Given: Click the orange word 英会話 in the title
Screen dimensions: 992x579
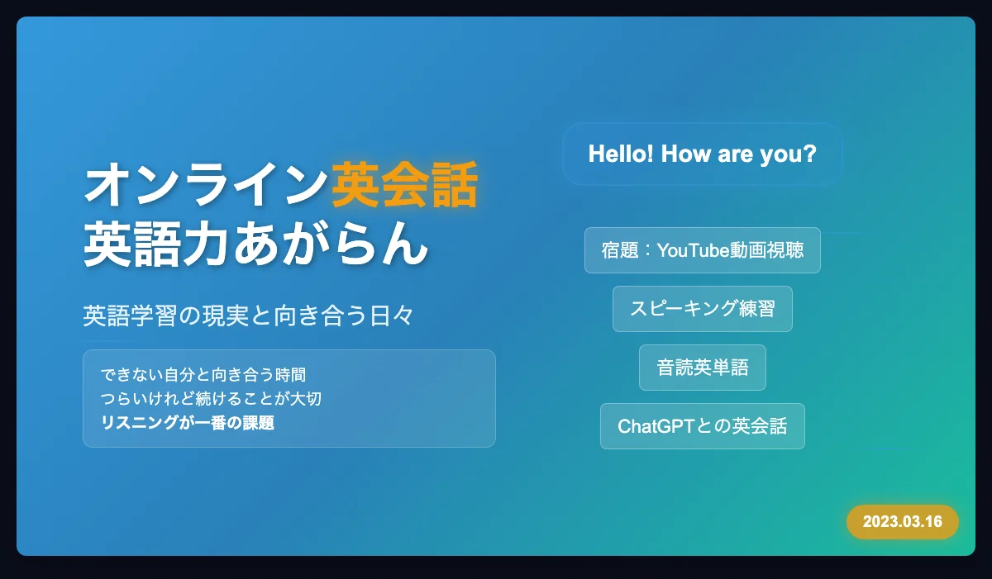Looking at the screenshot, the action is tap(405, 184).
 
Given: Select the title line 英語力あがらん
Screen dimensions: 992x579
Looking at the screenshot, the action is tap(256, 244).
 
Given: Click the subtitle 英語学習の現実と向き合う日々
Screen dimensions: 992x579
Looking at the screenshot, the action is tap(248, 316).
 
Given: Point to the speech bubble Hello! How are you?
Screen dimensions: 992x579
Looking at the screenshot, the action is tap(703, 154).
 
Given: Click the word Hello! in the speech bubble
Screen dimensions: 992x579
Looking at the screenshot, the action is tap(621, 154).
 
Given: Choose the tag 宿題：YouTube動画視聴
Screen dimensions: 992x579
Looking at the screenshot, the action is tap(703, 250).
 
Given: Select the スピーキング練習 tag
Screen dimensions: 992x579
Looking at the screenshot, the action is tap(703, 309).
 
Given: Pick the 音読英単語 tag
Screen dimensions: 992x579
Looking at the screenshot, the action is tap(703, 368).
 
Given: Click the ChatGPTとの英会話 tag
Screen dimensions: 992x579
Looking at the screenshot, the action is tap(703, 426).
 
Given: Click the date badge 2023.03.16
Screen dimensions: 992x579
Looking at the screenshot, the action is tap(903, 522).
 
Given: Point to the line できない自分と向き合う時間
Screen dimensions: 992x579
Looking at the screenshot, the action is tap(203, 375).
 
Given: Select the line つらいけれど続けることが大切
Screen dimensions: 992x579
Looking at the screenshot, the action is tap(211, 399).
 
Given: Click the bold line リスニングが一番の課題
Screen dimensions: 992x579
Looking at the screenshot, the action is tap(188, 422).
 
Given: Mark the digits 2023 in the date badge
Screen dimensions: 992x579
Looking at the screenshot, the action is tap(878, 522).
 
